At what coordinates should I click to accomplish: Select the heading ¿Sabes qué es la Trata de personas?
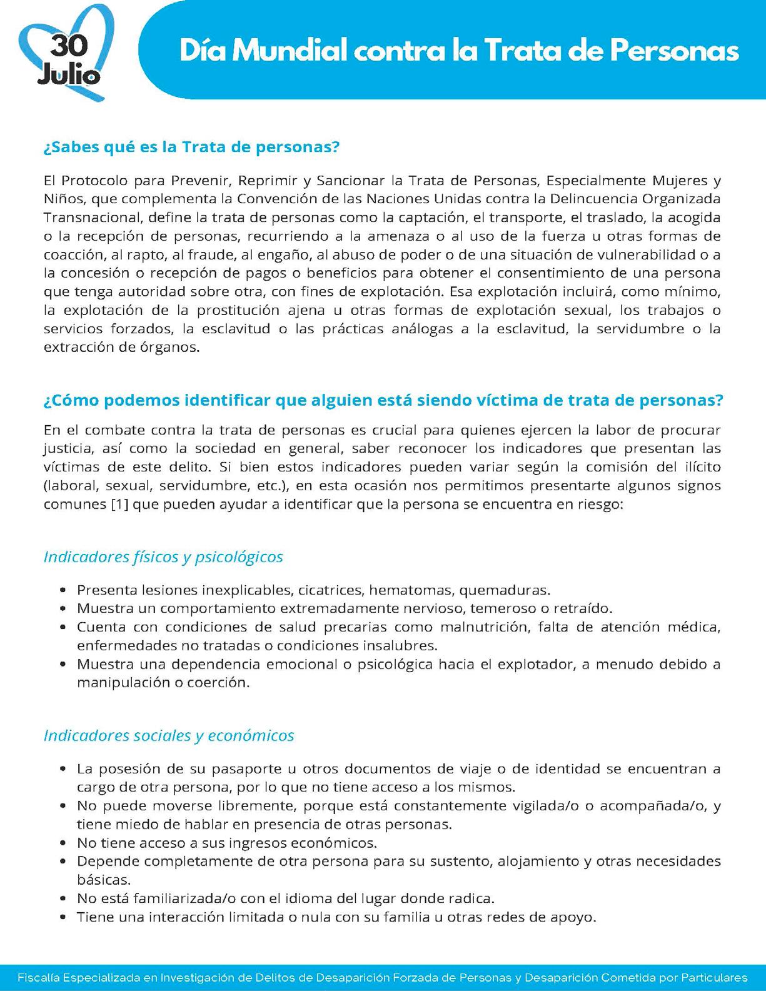click(191, 148)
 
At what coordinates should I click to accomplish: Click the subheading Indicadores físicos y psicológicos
click(163, 556)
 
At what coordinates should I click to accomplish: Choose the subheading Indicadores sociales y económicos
click(169, 735)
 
